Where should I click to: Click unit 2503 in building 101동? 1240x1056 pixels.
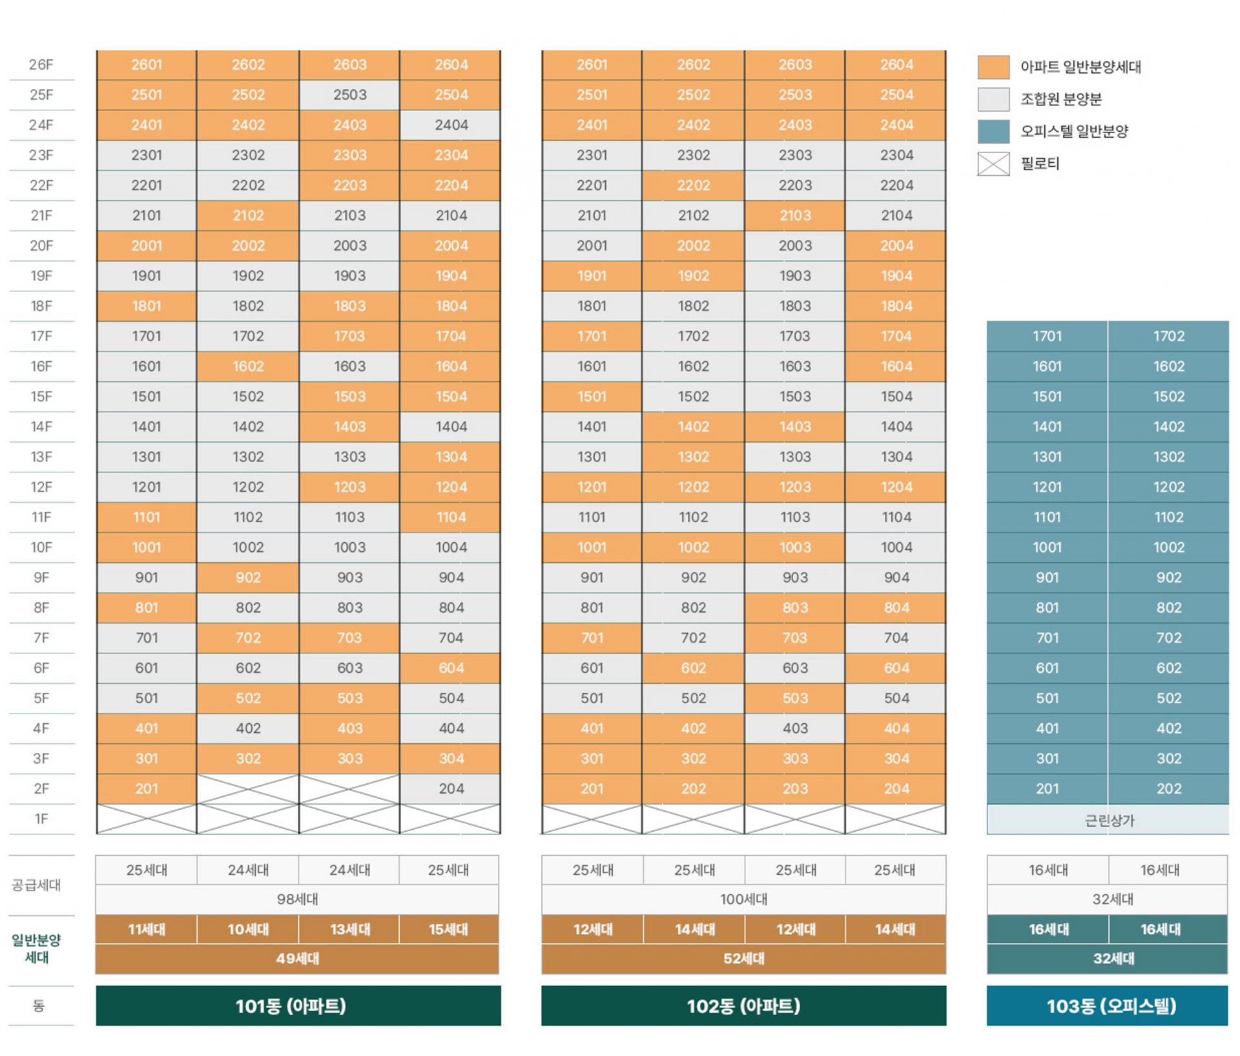coord(349,95)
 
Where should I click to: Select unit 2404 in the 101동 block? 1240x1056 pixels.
coord(451,125)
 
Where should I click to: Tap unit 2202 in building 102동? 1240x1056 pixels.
coord(693,185)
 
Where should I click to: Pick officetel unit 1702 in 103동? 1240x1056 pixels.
coord(1168,336)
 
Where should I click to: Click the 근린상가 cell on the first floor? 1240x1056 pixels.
coord(1108,820)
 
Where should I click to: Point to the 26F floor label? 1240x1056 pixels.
coord(41,65)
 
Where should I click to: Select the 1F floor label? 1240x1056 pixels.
coord(41,819)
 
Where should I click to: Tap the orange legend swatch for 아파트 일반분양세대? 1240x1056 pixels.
coord(993,67)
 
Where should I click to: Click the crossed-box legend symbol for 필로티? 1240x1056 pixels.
coord(993,164)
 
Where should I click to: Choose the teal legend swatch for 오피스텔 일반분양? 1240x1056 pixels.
coord(993,132)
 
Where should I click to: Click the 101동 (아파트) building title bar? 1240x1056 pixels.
coord(298,1006)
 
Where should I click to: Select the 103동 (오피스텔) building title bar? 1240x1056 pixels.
coord(1107,1006)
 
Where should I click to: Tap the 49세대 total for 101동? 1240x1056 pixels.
coord(297,958)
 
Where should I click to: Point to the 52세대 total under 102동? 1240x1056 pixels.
coord(743,958)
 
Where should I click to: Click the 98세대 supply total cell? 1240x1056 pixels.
coord(297,899)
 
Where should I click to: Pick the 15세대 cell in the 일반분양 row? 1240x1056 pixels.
coord(449,929)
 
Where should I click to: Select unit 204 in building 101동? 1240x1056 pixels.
coord(451,788)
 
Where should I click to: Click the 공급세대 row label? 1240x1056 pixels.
coord(36,885)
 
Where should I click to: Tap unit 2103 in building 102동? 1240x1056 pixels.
coord(794,215)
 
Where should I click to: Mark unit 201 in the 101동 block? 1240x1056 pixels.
coord(147,788)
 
